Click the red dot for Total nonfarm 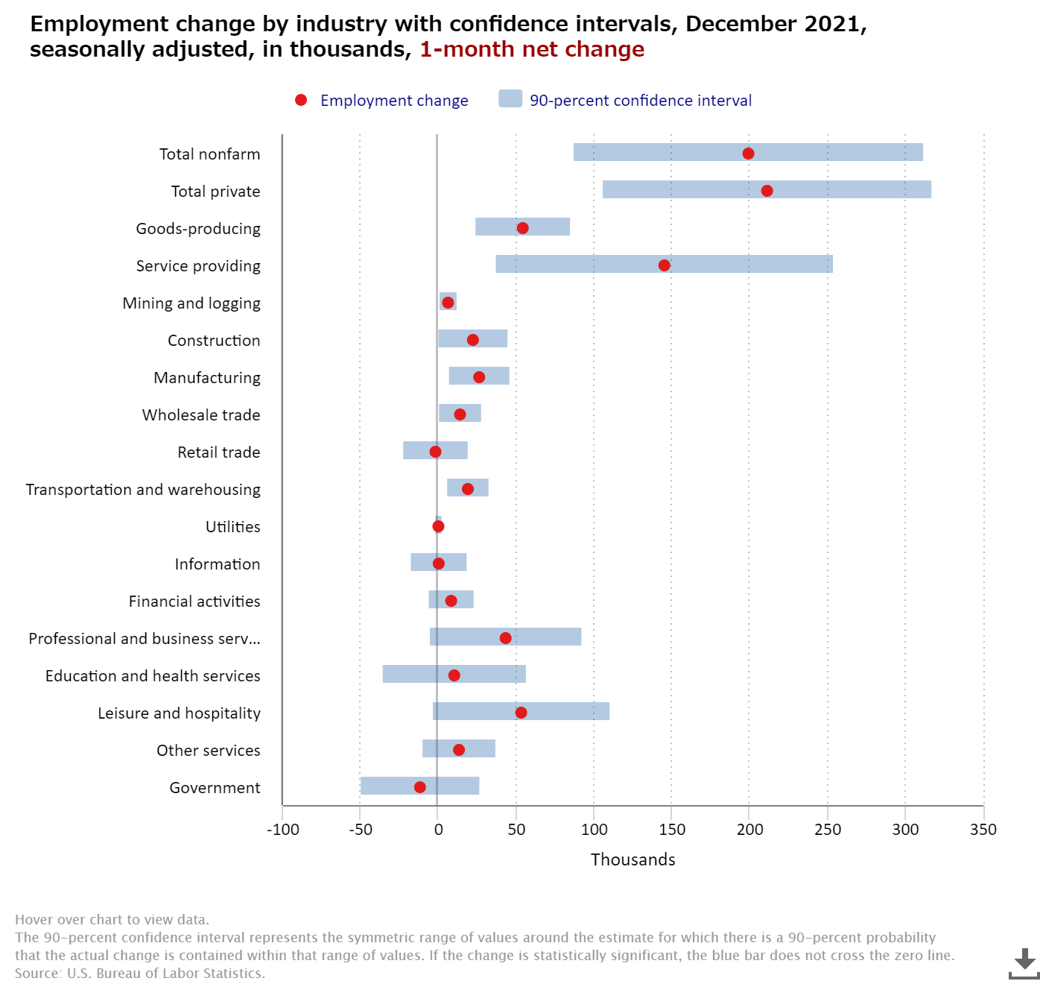point(748,154)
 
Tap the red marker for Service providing point(664,265)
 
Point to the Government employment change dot point(419,787)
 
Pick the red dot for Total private point(767,191)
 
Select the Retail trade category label point(218,452)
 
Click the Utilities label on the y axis point(232,527)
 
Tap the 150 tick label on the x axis point(672,830)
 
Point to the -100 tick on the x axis point(283,830)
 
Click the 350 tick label point(983,830)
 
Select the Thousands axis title point(633,860)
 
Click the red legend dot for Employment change point(301,100)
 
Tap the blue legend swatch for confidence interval point(510,98)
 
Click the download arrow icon point(1024,963)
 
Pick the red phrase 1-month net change point(532,49)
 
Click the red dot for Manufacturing point(479,377)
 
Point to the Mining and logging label point(191,303)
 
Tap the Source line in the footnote point(140,973)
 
